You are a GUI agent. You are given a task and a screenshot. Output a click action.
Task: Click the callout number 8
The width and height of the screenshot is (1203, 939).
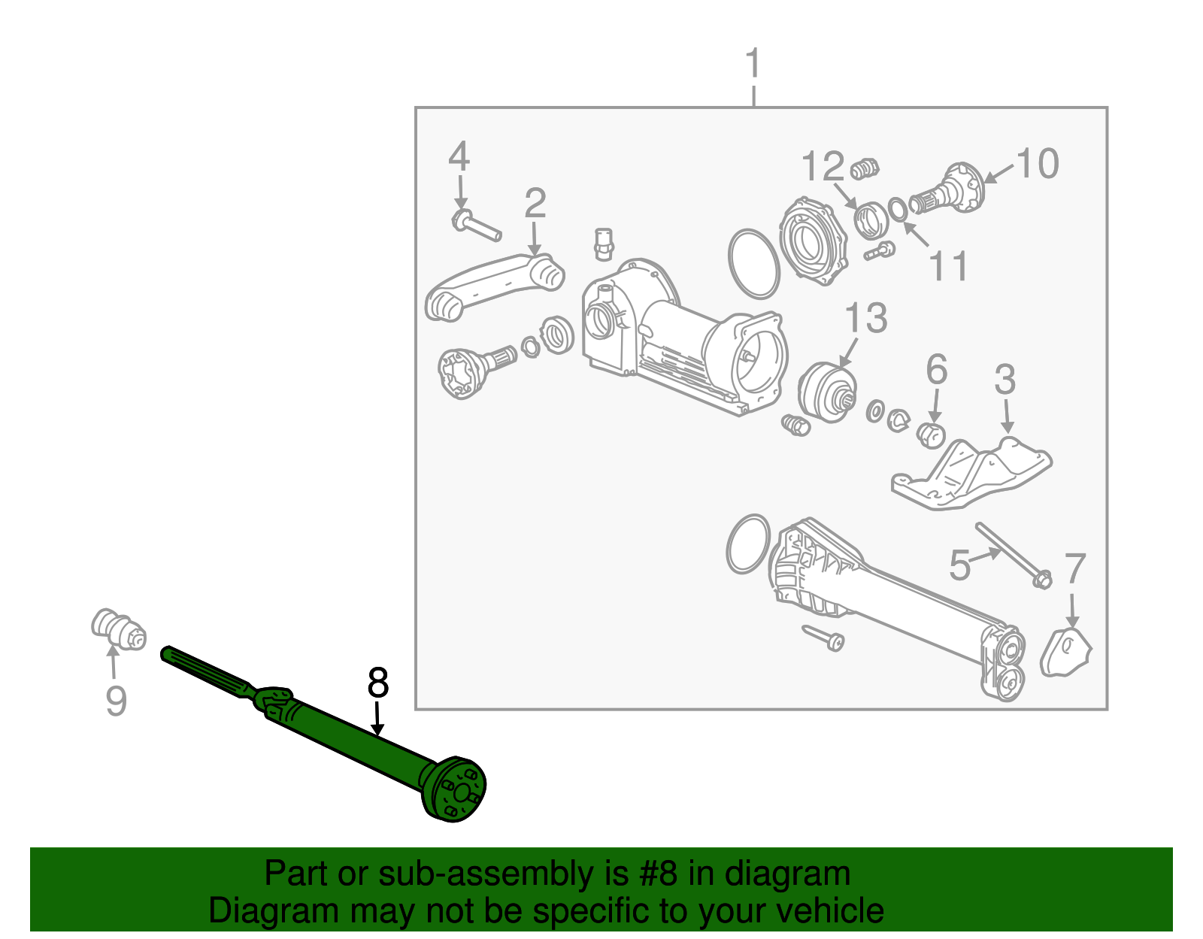point(378,683)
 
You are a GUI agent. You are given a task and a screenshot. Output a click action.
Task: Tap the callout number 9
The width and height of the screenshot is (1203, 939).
point(116,701)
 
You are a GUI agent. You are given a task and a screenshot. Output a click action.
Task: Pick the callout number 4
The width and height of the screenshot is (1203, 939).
point(459,157)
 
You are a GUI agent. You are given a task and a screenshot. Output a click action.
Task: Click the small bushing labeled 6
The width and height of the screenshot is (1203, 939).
point(932,434)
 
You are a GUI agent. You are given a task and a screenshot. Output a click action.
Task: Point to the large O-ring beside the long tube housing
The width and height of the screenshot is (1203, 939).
point(748,544)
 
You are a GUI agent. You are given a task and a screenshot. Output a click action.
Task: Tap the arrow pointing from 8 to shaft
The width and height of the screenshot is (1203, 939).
point(377,718)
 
